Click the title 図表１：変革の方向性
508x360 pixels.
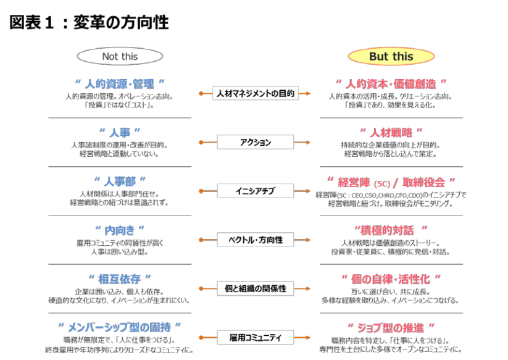coord(89,23)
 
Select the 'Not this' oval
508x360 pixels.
coord(120,56)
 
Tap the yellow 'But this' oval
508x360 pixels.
coord(391,57)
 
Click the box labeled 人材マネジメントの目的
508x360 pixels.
coord(256,94)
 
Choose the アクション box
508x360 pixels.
coord(256,143)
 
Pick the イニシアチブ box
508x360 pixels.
coord(256,191)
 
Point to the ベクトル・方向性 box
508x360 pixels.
coord(256,240)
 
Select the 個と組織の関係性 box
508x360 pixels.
coord(256,288)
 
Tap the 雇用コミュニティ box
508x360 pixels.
coord(256,337)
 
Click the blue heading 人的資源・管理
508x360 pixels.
coord(120,83)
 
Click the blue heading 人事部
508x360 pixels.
coord(120,181)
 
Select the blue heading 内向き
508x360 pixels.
coord(120,230)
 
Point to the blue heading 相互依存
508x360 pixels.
coord(120,279)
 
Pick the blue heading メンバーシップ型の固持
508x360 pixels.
coord(120,327)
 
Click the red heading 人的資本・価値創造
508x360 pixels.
coord(391,83)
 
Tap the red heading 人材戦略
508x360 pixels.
coord(391,132)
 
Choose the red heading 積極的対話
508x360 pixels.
coord(391,230)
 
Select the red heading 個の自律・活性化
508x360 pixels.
coord(391,279)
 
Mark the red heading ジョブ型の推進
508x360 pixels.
coord(391,327)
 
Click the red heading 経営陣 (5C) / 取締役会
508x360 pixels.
coord(391,182)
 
